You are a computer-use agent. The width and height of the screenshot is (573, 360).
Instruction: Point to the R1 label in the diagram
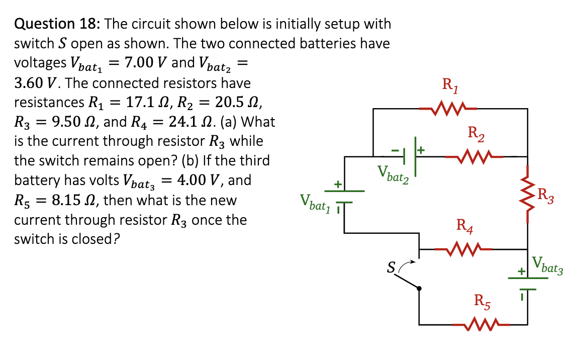(449, 85)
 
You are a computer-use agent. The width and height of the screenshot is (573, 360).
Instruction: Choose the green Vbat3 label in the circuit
(548, 265)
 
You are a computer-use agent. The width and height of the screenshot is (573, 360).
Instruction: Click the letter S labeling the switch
(390, 267)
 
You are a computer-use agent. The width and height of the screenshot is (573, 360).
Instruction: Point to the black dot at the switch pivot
(420, 288)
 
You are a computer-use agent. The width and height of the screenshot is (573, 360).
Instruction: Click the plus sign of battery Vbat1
(338, 185)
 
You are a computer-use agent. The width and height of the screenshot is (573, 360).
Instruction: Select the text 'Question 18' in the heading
(56, 24)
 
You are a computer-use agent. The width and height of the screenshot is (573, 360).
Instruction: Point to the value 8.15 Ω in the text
(70, 200)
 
